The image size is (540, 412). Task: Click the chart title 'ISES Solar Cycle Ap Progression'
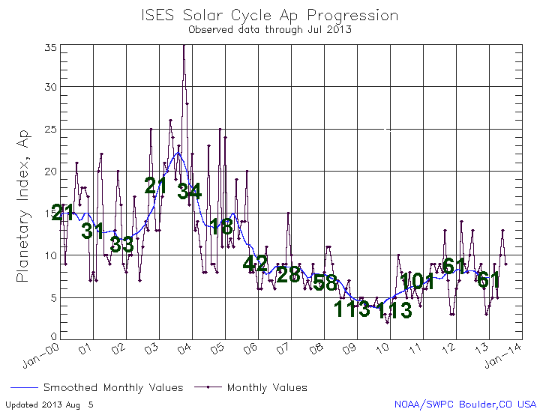click(269, 15)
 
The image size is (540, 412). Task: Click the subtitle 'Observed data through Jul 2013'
click(269, 30)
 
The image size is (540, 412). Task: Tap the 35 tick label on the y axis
click(50, 46)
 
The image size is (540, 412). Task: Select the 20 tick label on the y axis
click(50, 172)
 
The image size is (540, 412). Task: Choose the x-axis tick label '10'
click(383, 349)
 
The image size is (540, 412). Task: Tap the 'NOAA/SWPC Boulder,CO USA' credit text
click(466, 405)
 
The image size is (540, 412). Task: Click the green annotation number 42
click(255, 263)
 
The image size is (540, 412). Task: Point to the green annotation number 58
click(324, 282)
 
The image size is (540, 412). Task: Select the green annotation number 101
click(417, 282)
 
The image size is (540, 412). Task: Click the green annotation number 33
click(121, 244)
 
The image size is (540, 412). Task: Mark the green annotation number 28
click(288, 275)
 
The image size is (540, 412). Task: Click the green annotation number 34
click(189, 191)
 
